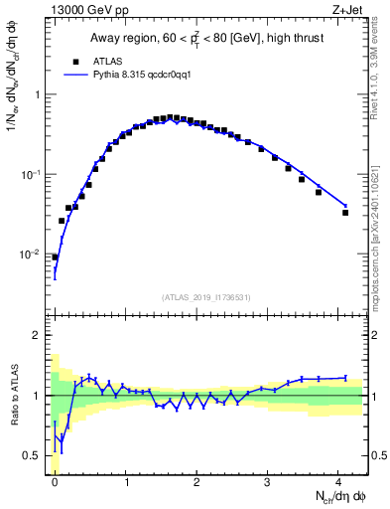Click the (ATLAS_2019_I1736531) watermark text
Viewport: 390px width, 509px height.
coord(206,297)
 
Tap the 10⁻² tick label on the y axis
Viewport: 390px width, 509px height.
coord(31,254)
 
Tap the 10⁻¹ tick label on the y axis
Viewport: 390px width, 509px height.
coord(31,175)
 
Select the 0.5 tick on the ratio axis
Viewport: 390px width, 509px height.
coord(34,456)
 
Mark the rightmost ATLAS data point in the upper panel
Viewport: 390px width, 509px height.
coord(345,213)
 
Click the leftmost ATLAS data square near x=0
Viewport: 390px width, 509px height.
coord(55,256)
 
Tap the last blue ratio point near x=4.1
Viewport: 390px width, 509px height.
coord(345,378)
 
